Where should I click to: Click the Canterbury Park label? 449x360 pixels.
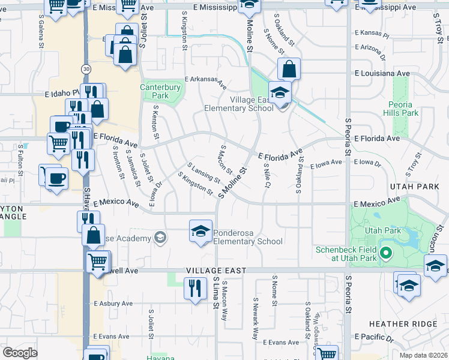point(160,91)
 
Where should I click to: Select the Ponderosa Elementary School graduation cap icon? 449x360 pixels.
point(200,231)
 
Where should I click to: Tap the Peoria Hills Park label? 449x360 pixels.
point(400,108)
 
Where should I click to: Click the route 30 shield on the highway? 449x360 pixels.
point(87,70)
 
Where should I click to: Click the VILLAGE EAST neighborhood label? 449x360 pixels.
point(215,271)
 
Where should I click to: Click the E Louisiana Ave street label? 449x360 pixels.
point(382,73)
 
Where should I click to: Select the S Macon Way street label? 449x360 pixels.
point(224,300)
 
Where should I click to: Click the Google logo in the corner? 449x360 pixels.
point(20,353)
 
